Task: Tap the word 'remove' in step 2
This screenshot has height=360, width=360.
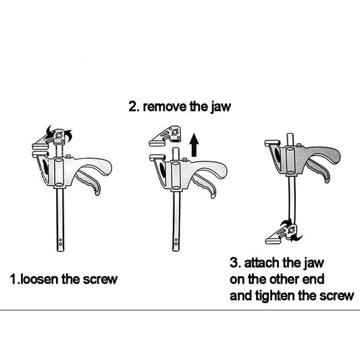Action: [x=165, y=107]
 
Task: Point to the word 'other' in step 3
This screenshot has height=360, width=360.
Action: [x=284, y=279]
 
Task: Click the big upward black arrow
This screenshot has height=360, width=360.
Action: [x=195, y=145]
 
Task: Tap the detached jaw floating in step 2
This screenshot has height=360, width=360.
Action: [x=165, y=136]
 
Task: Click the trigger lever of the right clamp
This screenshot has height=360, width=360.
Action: [x=318, y=170]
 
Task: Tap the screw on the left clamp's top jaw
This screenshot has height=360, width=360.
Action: [x=59, y=135]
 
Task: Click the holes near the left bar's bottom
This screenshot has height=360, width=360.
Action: [x=60, y=242]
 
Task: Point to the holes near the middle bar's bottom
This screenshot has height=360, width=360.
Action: [x=176, y=242]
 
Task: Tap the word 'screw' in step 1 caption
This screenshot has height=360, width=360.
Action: [x=101, y=279]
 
